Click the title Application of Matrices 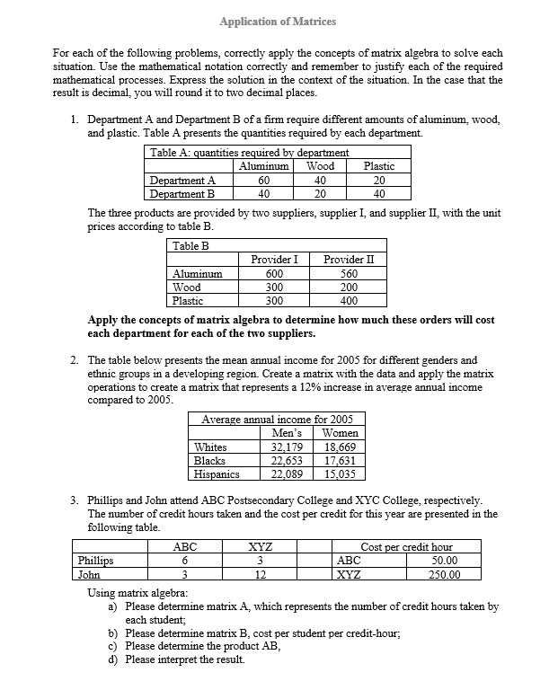(x=279, y=21)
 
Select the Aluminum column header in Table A (x=264, y=166)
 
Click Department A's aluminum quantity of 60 (x=264, y=180)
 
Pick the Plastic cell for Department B (x=378, y=193)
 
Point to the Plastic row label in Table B (x=188, y=301)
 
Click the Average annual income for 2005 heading (x=277, y=420)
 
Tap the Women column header (x=340, y=433)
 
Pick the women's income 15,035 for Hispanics (x=340, y=474)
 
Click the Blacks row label (x=209, y=461)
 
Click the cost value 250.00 (x=444, y=575)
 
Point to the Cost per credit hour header (x=406, y=547)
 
